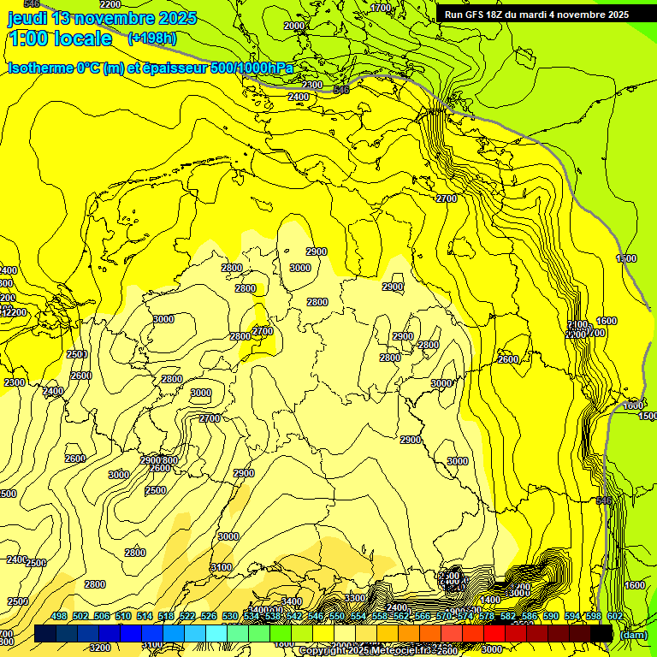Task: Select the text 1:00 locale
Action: (60, 38)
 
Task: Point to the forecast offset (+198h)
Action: (151, 38)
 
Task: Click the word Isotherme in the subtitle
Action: (40, 68)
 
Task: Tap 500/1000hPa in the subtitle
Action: (252, 68)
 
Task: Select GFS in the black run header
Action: (476, 15)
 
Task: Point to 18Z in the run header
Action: (499, 15)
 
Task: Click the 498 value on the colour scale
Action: (59, 616)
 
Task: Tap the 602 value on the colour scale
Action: (614, 616)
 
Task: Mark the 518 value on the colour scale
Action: (166, 616)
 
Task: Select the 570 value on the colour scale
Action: (443, 616)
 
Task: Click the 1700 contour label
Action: (381, 8)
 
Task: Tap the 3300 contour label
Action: (355, 597)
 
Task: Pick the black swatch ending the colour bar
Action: (601, 633)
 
